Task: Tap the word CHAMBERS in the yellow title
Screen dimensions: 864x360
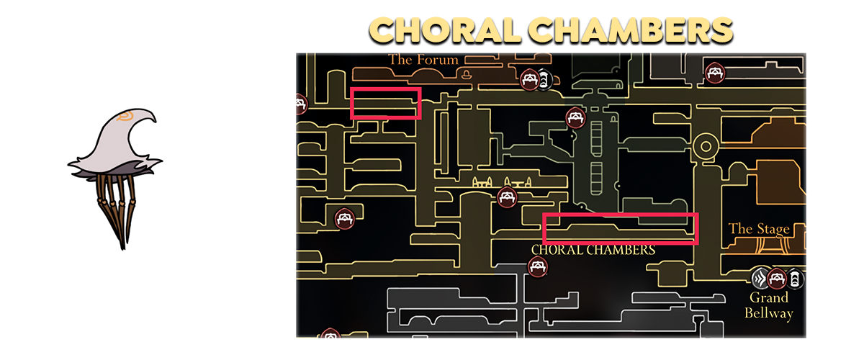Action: point(631,30)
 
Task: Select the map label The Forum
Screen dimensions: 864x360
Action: point(423,60)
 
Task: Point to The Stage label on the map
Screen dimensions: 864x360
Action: point(759,229)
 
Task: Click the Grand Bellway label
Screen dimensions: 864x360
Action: point(768,305)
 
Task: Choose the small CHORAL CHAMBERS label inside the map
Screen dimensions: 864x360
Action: point(593,250)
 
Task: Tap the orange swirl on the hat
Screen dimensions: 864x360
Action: point(125,116)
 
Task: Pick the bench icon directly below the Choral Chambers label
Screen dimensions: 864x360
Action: point(538,266)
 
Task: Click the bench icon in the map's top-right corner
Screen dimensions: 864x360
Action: point(715,73)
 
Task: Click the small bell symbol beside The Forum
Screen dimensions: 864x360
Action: point(467,74)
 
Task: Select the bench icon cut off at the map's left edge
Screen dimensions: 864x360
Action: point(301,104)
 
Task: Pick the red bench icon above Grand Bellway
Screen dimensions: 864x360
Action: point(777,278)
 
